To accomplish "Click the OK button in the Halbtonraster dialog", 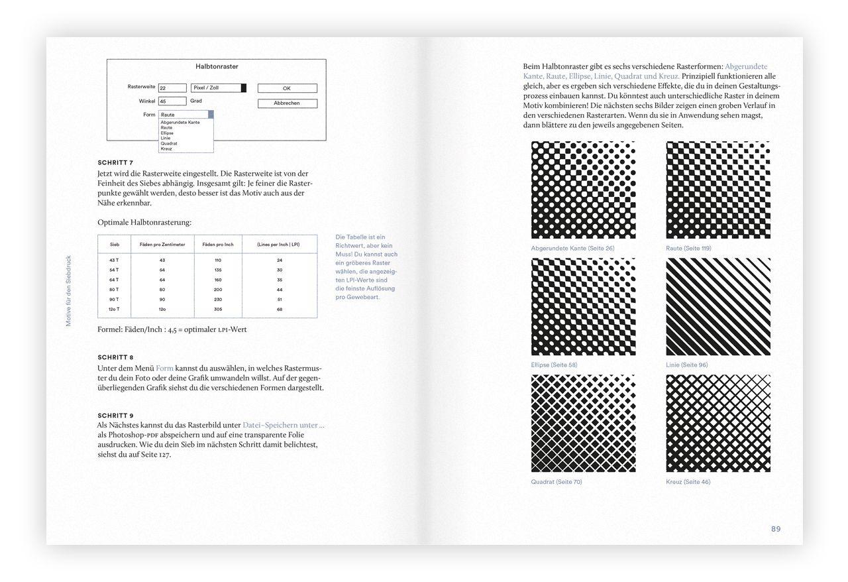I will (x=287, y=88).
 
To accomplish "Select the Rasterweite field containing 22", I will (x=172, y=88).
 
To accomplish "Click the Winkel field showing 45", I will (x=172, y=101).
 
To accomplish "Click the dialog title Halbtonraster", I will (x=217, y=66).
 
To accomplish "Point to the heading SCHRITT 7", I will (x=115, y=162).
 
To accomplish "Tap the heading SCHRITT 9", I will (x=115, y=416).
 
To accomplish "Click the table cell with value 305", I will (x=218, y=310).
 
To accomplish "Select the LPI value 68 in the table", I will (x=280, y=310).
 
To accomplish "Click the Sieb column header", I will (x=115, y=245).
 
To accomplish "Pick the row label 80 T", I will (x=114, y=290).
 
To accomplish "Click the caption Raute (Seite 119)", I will (x=688, y=249).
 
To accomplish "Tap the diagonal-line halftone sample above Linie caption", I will (x=718, y=306).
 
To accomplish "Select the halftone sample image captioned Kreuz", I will (x=718, y=423).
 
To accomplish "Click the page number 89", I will (x=775, y=529).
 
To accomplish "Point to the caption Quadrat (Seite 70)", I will (x=556, y=482).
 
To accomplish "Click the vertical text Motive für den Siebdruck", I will (x=68, y=290).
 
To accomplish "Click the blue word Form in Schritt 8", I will (x=164, y=368).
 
